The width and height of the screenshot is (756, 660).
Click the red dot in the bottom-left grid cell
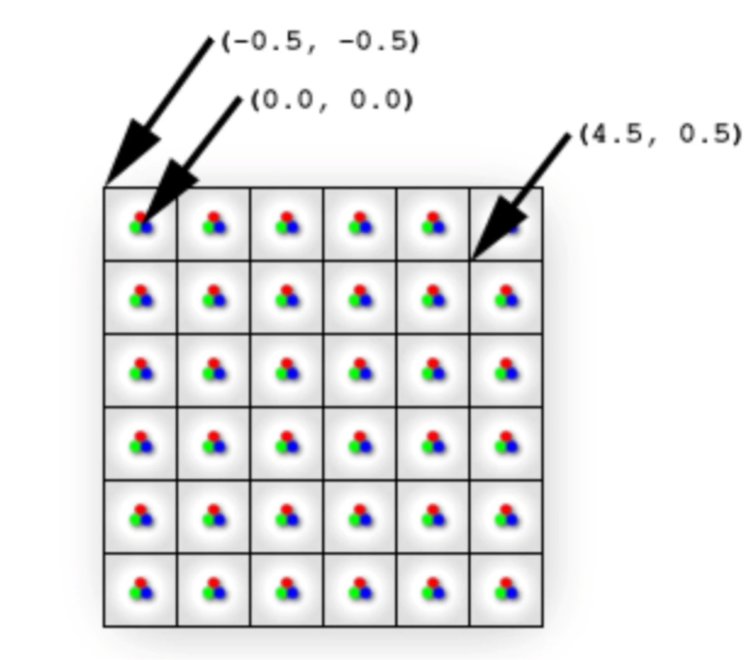click(x=140, y=582)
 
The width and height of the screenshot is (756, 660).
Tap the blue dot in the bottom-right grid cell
click(x=511, y=594)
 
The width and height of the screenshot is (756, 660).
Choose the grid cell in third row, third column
click(x=287, y=370)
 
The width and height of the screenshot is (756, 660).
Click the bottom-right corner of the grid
click(x=542, y=626)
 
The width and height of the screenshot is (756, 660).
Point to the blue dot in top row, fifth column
click(x=438, y=227)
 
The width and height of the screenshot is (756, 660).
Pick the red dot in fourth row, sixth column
click(x=506, y=436)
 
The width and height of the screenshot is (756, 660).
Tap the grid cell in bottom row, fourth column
click(x=359, y=590)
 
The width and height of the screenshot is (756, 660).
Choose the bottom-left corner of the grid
click(x=104, y=626)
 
